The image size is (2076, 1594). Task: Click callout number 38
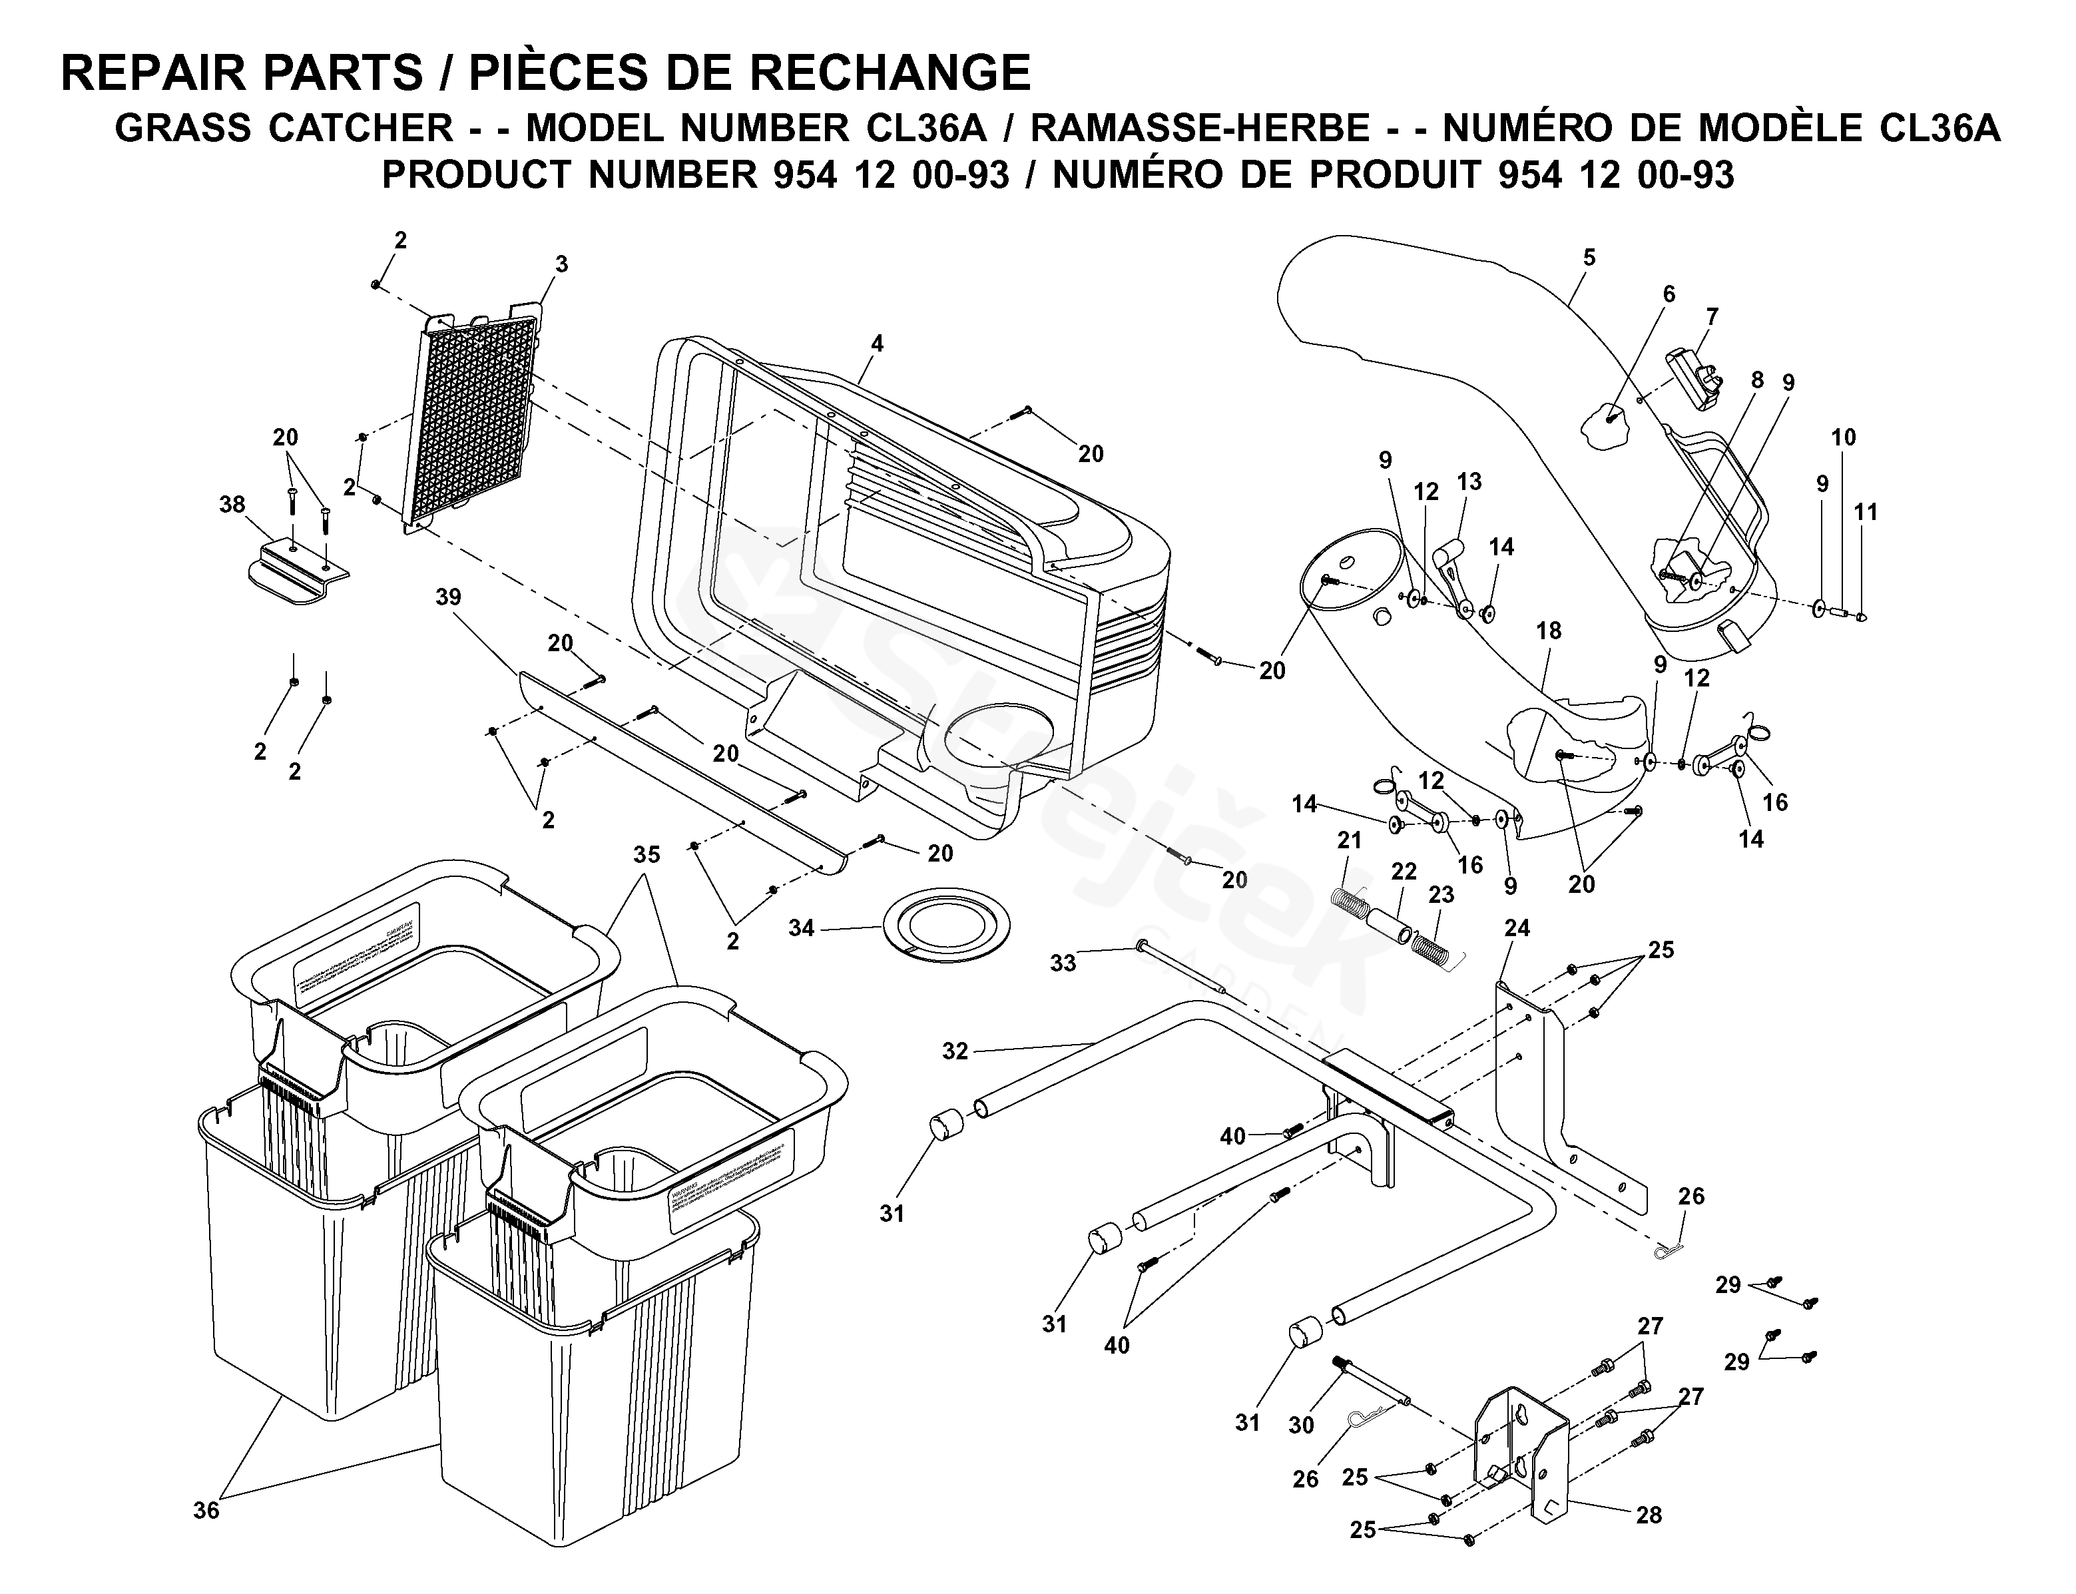(x=232, y=505)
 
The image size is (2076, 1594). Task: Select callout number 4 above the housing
(x=877, y=344)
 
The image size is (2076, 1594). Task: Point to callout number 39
(x=448, y=597)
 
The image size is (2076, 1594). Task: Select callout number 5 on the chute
(x=1589, y=257)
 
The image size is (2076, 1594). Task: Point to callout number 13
(x=1469, y=482)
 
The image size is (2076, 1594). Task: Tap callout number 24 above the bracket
(x=1516, y=927)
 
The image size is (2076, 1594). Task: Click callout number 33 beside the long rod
(x=1063, y=963)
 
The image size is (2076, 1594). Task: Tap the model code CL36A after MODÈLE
(x=1938, y=128)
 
